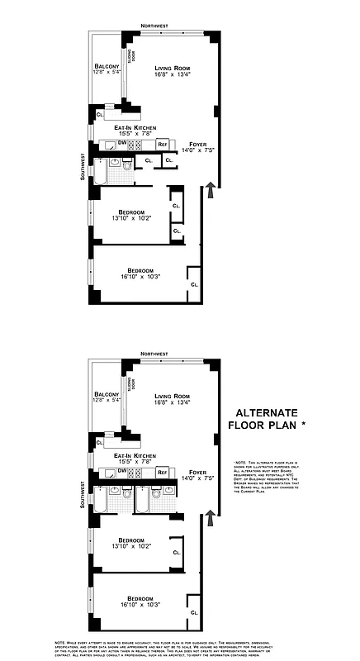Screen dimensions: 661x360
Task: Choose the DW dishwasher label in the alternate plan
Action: pyautogui.click(x=122, y=471)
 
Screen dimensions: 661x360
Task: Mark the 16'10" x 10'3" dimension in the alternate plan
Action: pyautogui.click(x=140, y=604)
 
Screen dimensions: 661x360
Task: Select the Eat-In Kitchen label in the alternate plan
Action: pyautogui.click(x=135, y=456)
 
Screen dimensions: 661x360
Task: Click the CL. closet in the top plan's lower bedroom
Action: pyautogui.click(x=194, y=283)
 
